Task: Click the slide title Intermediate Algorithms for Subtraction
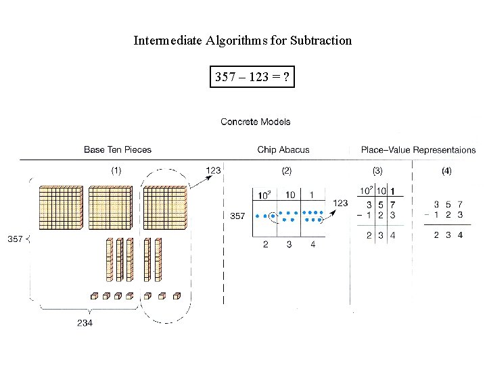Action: coord(243,41)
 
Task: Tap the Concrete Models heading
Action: coord(256,122)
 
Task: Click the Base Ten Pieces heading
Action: coord(118,149)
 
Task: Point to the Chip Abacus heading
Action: coord(283,149)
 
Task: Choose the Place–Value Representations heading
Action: coord(418,149)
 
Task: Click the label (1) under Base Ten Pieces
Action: coord(116,170)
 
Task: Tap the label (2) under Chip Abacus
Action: coord(287,170)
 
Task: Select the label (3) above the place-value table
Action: coord(377,170)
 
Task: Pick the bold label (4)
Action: coord(446,170)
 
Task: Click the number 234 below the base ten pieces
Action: coord(85,323)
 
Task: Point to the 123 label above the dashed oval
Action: coord(213,170)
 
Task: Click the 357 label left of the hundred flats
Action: coord(15,239)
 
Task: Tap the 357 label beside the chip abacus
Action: coord(237,216)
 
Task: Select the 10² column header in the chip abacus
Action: coord(264,195)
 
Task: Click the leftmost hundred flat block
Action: coord(60,206)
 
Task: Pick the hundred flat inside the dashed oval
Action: coord(164,206)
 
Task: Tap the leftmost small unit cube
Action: coord(95,295)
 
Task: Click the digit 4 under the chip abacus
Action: coord(312,245)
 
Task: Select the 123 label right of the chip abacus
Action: coord(340,203)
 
